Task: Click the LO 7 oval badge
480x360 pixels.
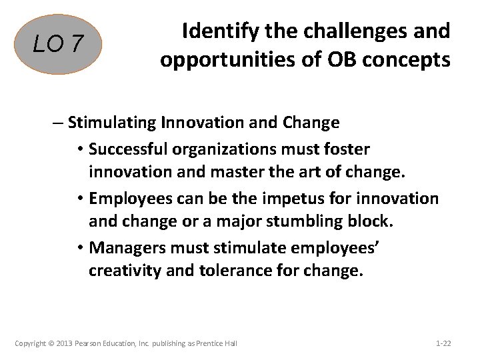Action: click(x=59, y=45)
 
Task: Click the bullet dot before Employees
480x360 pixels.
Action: click(x=81, y=199)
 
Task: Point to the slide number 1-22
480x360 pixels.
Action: click(x=443, y=343)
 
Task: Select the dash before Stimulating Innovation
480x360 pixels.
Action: click(x=58, y=123)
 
